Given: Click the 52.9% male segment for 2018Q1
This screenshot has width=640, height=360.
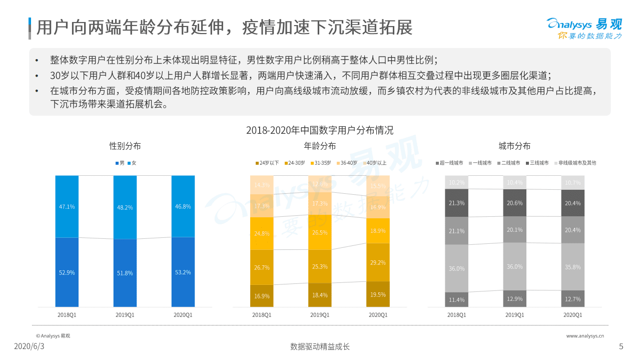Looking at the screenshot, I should point(67,272).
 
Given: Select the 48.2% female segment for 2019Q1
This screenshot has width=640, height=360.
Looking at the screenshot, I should point(125,207).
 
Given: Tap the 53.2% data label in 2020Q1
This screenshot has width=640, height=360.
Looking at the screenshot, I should point(183,272).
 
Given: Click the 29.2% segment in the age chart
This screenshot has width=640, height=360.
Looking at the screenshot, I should point(378,262).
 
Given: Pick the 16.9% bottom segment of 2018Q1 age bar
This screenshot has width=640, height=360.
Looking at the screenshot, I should point(262,296).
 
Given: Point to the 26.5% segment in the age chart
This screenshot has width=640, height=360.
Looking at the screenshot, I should point(320,233).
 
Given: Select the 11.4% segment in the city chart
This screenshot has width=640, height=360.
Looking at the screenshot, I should point(456,299).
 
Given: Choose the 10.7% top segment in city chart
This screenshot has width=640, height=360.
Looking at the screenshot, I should point(572,183).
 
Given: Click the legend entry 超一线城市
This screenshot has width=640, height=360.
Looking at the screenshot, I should point(449,163).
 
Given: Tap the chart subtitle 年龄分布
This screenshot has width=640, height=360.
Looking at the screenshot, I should point(320,146).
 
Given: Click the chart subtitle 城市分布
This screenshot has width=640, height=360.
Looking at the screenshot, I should point(514,146).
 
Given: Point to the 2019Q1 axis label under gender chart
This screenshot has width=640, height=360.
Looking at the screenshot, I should point(125,315).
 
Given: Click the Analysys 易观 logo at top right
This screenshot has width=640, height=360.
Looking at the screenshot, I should point(584,28).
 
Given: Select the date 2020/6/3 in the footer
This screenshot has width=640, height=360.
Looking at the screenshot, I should point(29,346).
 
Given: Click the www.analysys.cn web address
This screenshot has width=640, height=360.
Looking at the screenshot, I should point(585,336).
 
